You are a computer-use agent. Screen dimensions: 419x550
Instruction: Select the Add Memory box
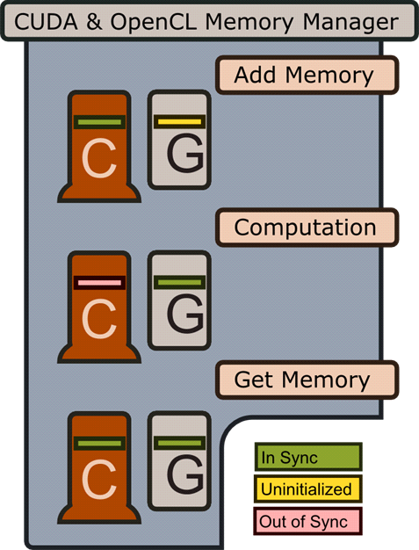click(x=307, y=75)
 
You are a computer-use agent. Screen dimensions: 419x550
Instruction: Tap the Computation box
click(x=307, y=228)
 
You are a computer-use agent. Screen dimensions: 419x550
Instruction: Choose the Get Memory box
click(x=307, y=380)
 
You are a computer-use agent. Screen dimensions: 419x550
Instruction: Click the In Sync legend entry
click(x=308, y=457)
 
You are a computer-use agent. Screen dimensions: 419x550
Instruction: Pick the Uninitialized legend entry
click(x=308, y=489)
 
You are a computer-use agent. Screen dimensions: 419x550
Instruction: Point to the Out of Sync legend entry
click(x=308, y=521)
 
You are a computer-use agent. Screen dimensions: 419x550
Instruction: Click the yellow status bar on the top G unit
click(x=179, y=122)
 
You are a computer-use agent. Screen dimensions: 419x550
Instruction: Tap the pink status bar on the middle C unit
click(x=99, y=283)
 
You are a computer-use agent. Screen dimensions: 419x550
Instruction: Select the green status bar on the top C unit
click(x=99, y=122)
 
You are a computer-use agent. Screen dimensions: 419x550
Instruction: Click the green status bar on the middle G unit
click(x=179, y=282)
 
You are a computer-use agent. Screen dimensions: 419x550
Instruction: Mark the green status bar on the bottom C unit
click(x=99, y=444)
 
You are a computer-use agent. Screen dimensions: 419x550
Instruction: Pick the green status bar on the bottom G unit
click(x=179, y=443)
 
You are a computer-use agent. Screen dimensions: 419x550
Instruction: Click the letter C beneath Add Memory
click(x=99, y=158)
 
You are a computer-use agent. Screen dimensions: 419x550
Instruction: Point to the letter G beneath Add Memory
click(x=185, y=153)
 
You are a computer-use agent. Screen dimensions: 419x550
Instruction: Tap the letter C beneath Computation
click(x=99, y=319)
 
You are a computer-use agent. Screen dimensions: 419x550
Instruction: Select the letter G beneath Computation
click(x=185, y=314)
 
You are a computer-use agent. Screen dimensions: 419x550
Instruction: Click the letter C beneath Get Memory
click(x=99, y=479)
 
